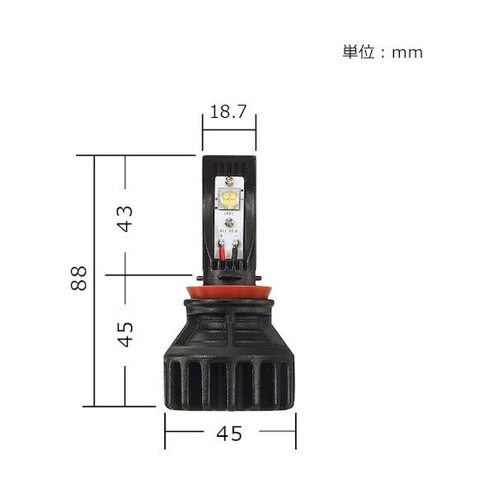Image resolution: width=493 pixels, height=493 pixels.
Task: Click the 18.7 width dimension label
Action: point(228,113)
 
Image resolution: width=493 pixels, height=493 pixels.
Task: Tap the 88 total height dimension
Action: point(79,281)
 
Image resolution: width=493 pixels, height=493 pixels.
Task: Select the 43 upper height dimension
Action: point(124,217)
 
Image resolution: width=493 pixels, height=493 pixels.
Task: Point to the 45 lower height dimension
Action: point(124,334)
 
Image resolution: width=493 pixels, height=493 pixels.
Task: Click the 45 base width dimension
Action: point(230,433)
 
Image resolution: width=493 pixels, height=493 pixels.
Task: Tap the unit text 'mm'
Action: point(407,52)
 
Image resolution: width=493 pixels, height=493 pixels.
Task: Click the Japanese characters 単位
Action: point(357,52)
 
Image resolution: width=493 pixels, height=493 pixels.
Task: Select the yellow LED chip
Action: point(228,199)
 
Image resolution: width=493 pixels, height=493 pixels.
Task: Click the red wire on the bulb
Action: point(223,252)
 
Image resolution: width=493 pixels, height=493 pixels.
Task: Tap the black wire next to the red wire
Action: point(235,252)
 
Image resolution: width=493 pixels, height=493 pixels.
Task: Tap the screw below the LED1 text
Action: point(228,223)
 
